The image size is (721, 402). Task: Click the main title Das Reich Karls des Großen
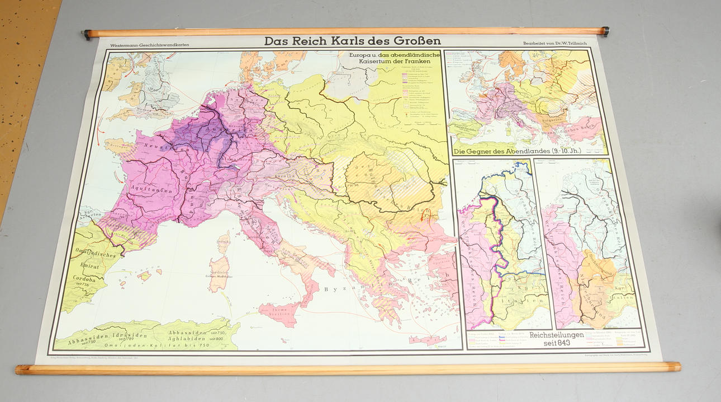coord(352,41)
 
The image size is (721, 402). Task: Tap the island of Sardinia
coord(220,273)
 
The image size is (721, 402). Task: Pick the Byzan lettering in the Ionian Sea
coord(343,289)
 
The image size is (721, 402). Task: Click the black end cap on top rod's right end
coord(605,31)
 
